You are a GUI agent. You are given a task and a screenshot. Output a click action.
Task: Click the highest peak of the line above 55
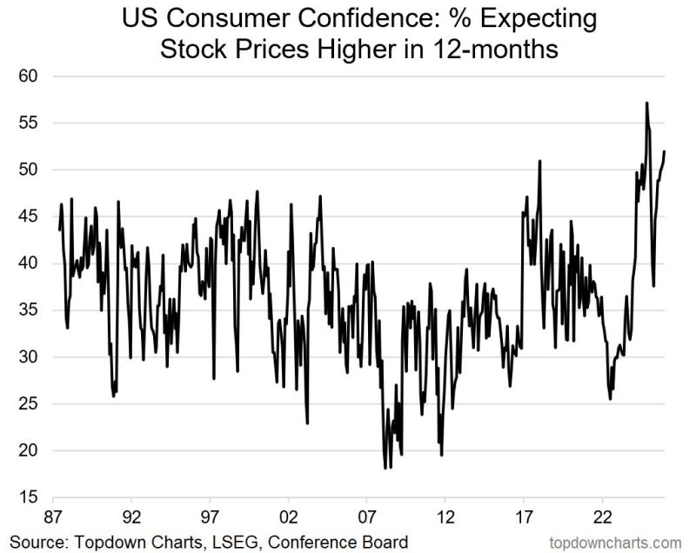pos(646,103)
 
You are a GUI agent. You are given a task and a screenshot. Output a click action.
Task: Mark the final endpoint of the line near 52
pos(665,151)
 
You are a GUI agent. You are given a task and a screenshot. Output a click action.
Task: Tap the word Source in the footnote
pos(36,541)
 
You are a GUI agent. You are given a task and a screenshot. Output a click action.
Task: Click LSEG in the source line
pos(234,541)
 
